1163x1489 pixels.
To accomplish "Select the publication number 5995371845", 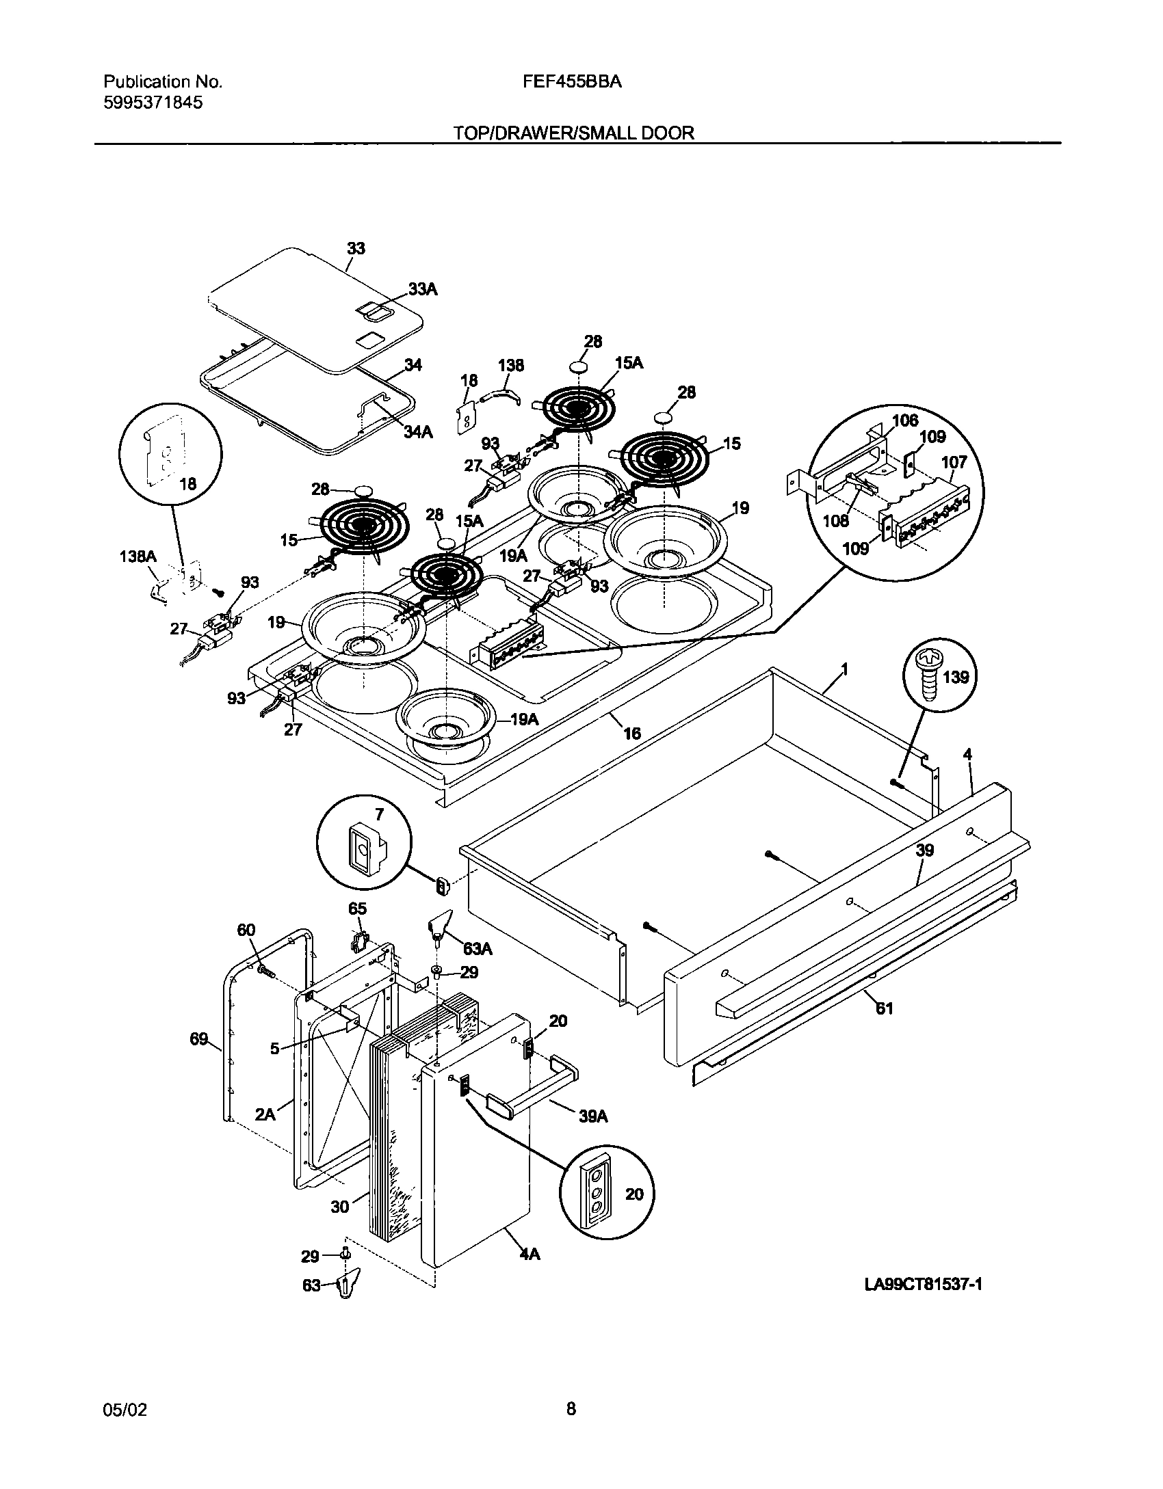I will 153,103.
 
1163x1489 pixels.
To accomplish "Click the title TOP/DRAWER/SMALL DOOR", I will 573,133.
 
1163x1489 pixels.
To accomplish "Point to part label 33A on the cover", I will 422,290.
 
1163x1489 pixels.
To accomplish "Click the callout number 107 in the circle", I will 954,462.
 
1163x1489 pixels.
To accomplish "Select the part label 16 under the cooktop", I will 631,734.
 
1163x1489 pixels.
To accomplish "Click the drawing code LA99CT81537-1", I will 924,1285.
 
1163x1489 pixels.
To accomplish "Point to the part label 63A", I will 478,949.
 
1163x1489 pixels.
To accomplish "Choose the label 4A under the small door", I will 529,1255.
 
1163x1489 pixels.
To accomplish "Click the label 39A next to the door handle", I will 593,1116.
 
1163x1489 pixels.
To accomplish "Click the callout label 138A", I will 138,557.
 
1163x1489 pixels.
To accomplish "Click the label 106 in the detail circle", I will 905,420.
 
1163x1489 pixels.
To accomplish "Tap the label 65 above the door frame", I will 357,909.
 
